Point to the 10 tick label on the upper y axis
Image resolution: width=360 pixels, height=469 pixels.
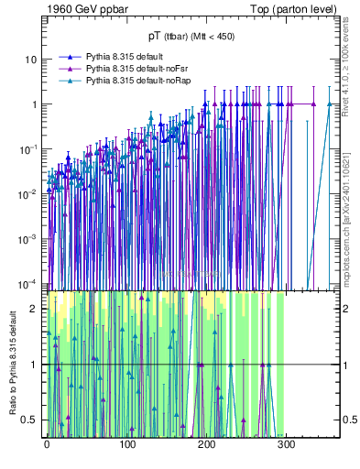31,60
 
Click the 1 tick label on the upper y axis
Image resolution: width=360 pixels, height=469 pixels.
34,104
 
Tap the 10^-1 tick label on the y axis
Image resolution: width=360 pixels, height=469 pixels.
29,148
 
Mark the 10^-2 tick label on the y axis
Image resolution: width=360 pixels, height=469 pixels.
29,193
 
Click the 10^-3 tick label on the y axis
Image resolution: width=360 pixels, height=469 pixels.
29,238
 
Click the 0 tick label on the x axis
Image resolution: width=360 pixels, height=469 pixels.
46,445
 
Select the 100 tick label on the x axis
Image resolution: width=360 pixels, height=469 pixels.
126,445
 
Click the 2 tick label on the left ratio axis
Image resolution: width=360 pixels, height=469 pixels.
36,309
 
